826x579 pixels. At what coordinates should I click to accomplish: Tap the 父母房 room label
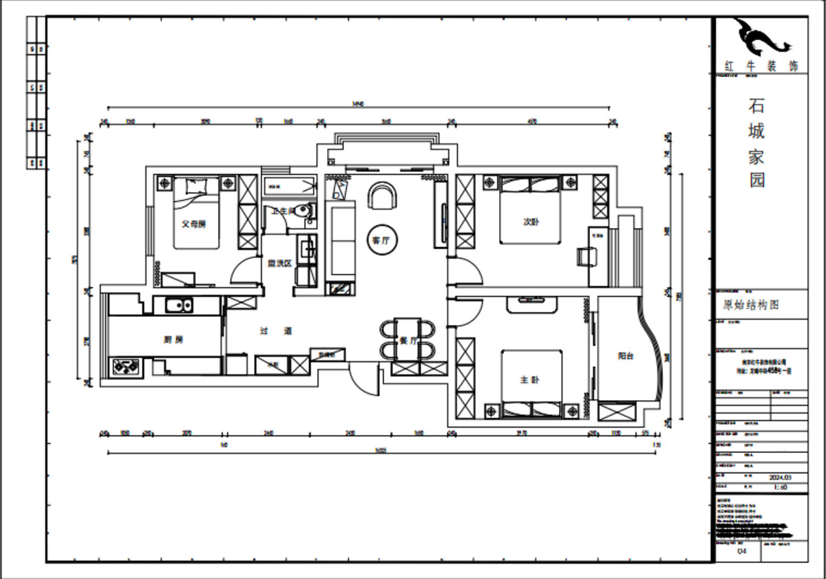click(x=193, y=224)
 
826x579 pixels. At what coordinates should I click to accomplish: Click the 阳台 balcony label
click(x=625, y=356)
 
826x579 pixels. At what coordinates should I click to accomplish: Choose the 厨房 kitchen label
click(x=173, y=339)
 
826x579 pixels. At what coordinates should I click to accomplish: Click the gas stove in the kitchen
click(x=125, y=366)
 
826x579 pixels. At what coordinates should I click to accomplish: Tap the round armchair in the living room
click(x=383, y=197)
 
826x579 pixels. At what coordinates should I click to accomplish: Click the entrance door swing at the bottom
click(x=363, y=381)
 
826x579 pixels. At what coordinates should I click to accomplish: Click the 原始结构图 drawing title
click(x=750, y=305)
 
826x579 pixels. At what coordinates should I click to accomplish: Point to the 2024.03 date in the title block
click(x=781, y=477)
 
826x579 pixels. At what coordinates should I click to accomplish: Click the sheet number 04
click(x=741, y=551)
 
